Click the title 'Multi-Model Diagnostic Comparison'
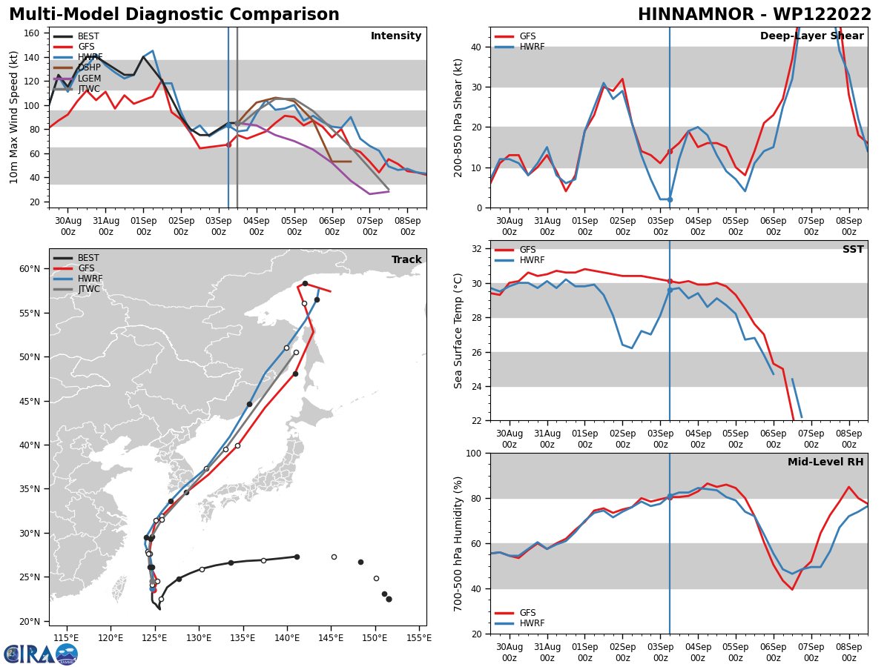point(174,15)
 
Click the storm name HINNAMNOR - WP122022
point(754,15)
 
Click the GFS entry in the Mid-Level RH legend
point(527,613)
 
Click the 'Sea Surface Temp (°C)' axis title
point(459,331)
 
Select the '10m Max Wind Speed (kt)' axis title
point(14,117)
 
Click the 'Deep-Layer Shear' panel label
point(811,36)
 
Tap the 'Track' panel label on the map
point(406,260)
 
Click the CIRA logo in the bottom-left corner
point(41,654)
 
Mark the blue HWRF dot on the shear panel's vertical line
point(670,199)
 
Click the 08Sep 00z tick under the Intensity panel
point(407,226)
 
